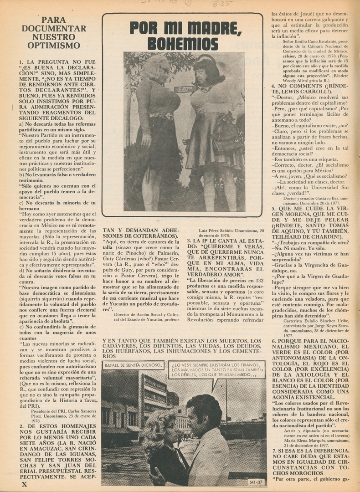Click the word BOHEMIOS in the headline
point(183,44)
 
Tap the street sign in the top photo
point(184,89)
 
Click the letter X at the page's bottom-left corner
point(24,484)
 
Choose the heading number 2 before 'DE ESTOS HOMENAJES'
point(21,426)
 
